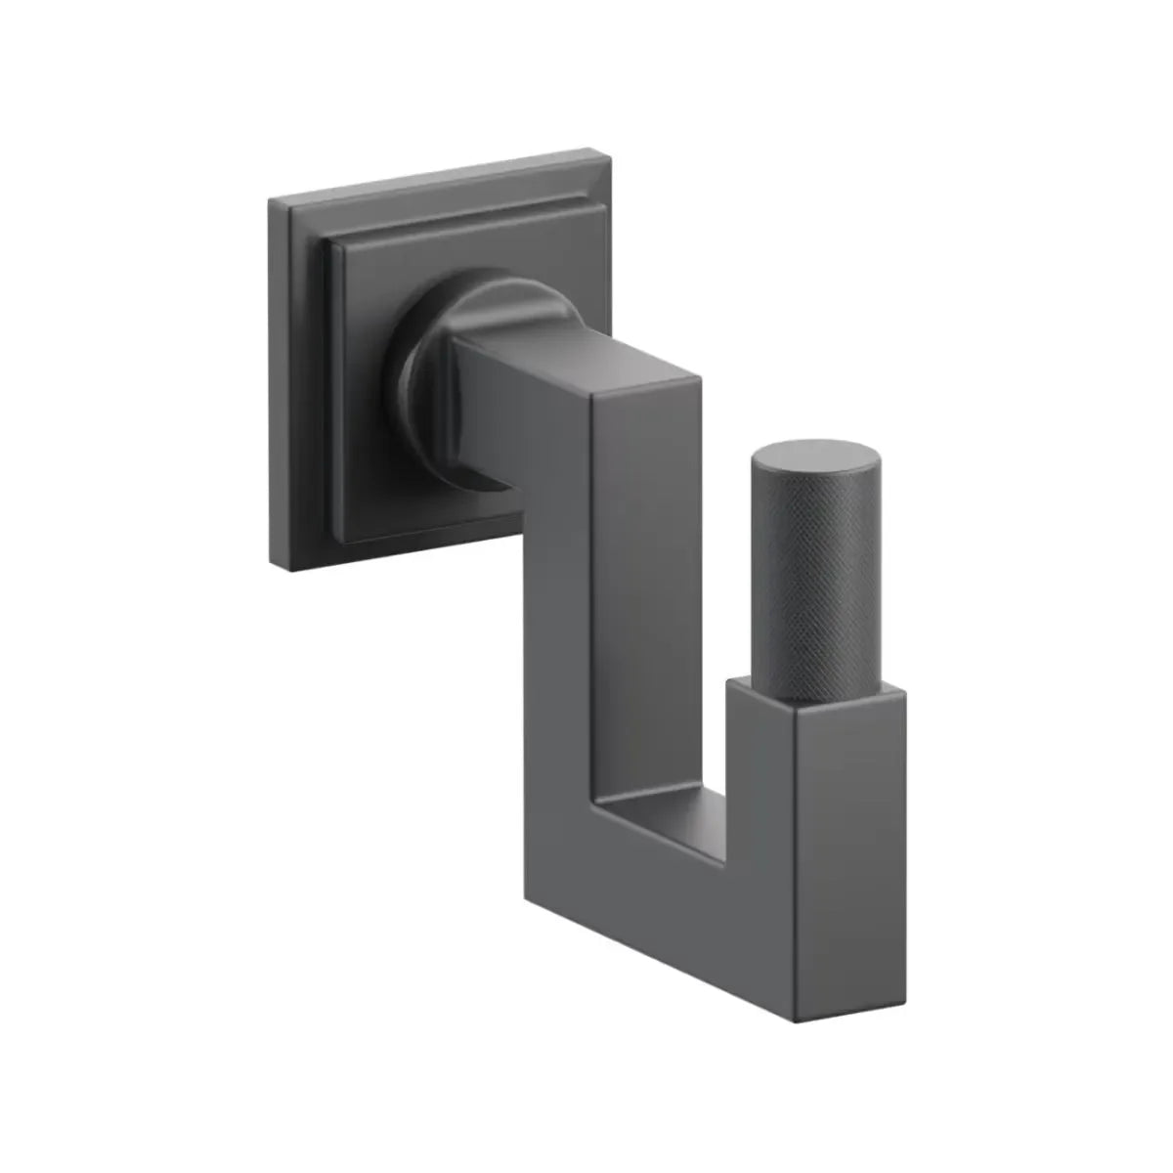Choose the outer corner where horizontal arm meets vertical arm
593,400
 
